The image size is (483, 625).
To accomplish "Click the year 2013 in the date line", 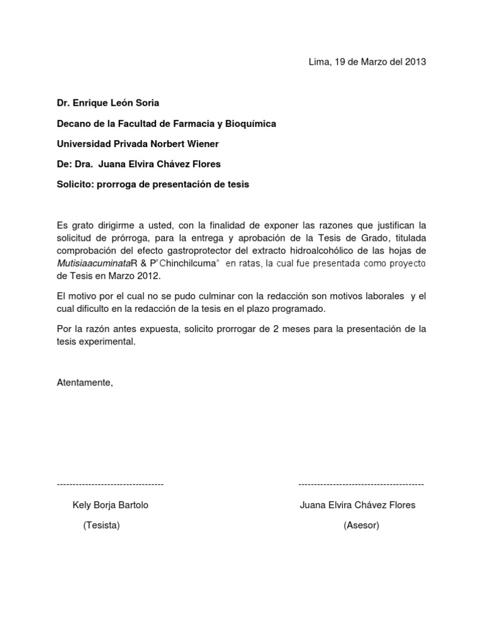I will tap(416, 62).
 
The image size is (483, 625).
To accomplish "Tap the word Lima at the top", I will tap(319, 62).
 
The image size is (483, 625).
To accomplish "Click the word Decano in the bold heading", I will tap(74, 124).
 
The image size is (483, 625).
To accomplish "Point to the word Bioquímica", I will tap(252, 124).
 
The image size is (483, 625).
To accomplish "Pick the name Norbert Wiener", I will tap(187, 144).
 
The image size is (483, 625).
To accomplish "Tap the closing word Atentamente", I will tap(85, 383).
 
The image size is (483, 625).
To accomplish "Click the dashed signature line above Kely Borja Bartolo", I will tap(110, 484).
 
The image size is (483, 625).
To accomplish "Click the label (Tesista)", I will tap(101, 526).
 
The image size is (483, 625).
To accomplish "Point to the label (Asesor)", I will tap(361, 526).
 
